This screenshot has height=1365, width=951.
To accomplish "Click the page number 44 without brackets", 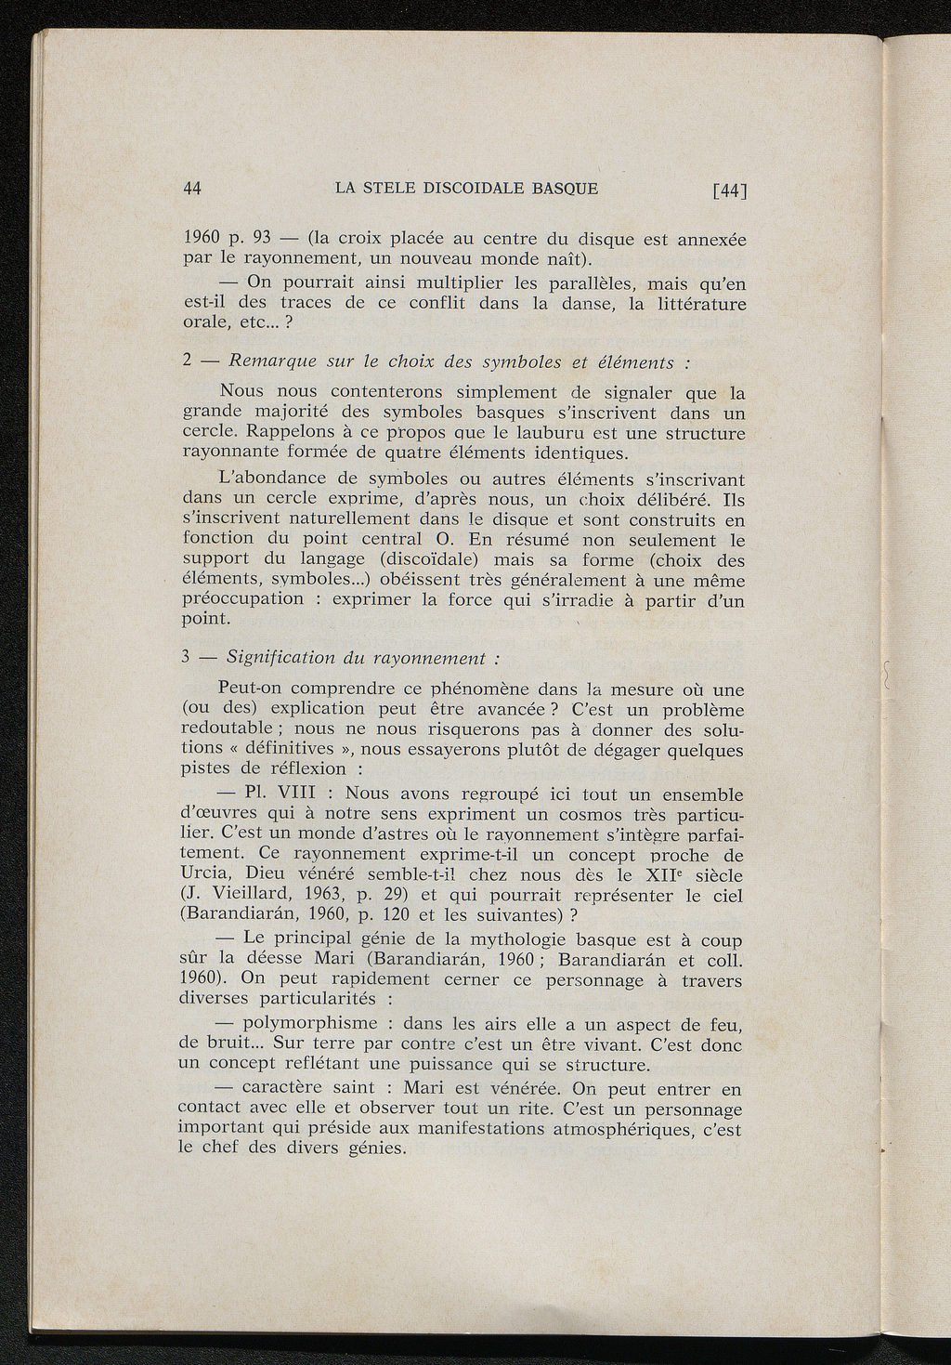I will click(193, 188).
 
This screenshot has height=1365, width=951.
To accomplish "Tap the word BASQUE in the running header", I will click(566, 188).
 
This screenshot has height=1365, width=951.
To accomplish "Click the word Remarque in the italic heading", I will click(273, 361).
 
